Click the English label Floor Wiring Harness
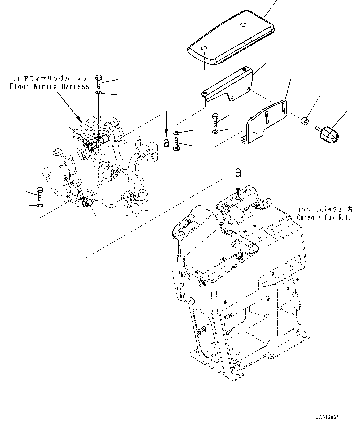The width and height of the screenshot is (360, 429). [x=50, y=86]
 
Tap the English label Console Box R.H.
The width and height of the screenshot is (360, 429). [x=324, y=218]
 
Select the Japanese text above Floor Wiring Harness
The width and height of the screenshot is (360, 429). [x=50, y=79]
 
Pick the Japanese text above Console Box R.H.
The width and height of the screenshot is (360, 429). [x=324, y=210]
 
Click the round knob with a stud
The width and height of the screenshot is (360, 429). [x=327, y=134]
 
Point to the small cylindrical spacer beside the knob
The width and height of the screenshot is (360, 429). [x=305, y=121]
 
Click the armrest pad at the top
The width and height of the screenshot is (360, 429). [x=231, y=38]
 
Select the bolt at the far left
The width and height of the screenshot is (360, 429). [x=40, y=194]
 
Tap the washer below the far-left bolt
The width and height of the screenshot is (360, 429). [x=40, y=205]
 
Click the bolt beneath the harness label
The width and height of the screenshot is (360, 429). [x=98, y=81]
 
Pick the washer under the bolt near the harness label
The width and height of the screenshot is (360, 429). [x=99, y=93]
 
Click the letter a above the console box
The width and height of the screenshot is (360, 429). [x=238, y=173]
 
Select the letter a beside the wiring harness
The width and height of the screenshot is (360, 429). [x=166, y=143]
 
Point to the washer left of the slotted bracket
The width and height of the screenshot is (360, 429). [x=215, y=132]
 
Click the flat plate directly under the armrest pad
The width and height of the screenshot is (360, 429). [x=227, y=84]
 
